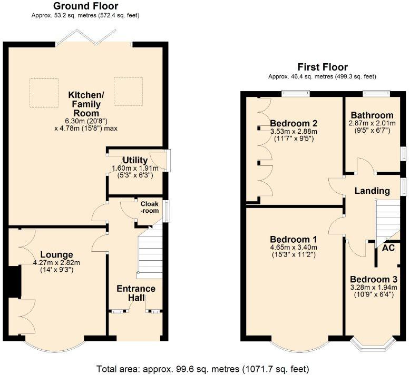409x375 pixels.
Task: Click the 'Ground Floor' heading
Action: click(86, 6)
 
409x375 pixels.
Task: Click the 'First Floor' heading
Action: click(323, 67)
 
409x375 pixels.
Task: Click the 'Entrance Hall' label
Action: click(136, 293)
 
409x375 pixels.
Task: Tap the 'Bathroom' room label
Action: click(372, 115)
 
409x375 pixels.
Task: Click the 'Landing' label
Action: click(372, 191)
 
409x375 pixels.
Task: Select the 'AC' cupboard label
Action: click(388, 248)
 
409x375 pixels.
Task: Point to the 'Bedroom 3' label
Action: click(373, 279)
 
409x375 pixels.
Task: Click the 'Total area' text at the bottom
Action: click(202, 368)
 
